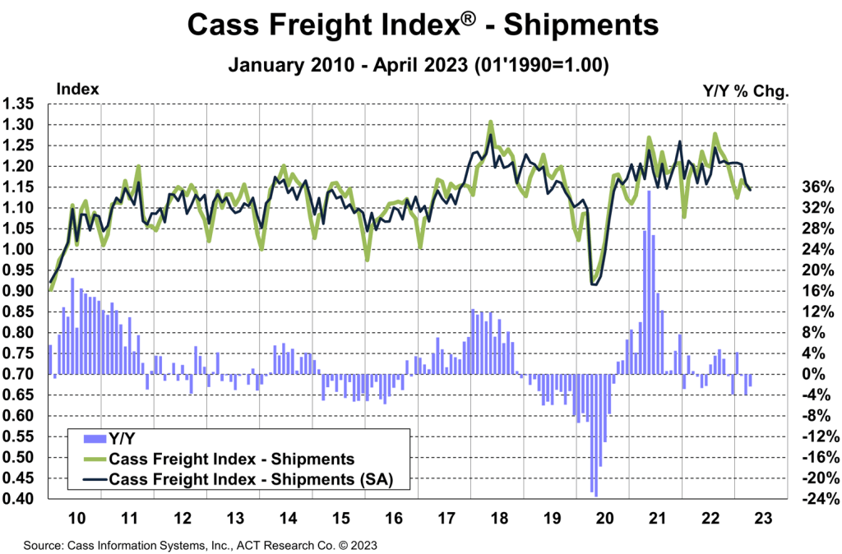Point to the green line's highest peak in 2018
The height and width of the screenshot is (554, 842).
(491, 122)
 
